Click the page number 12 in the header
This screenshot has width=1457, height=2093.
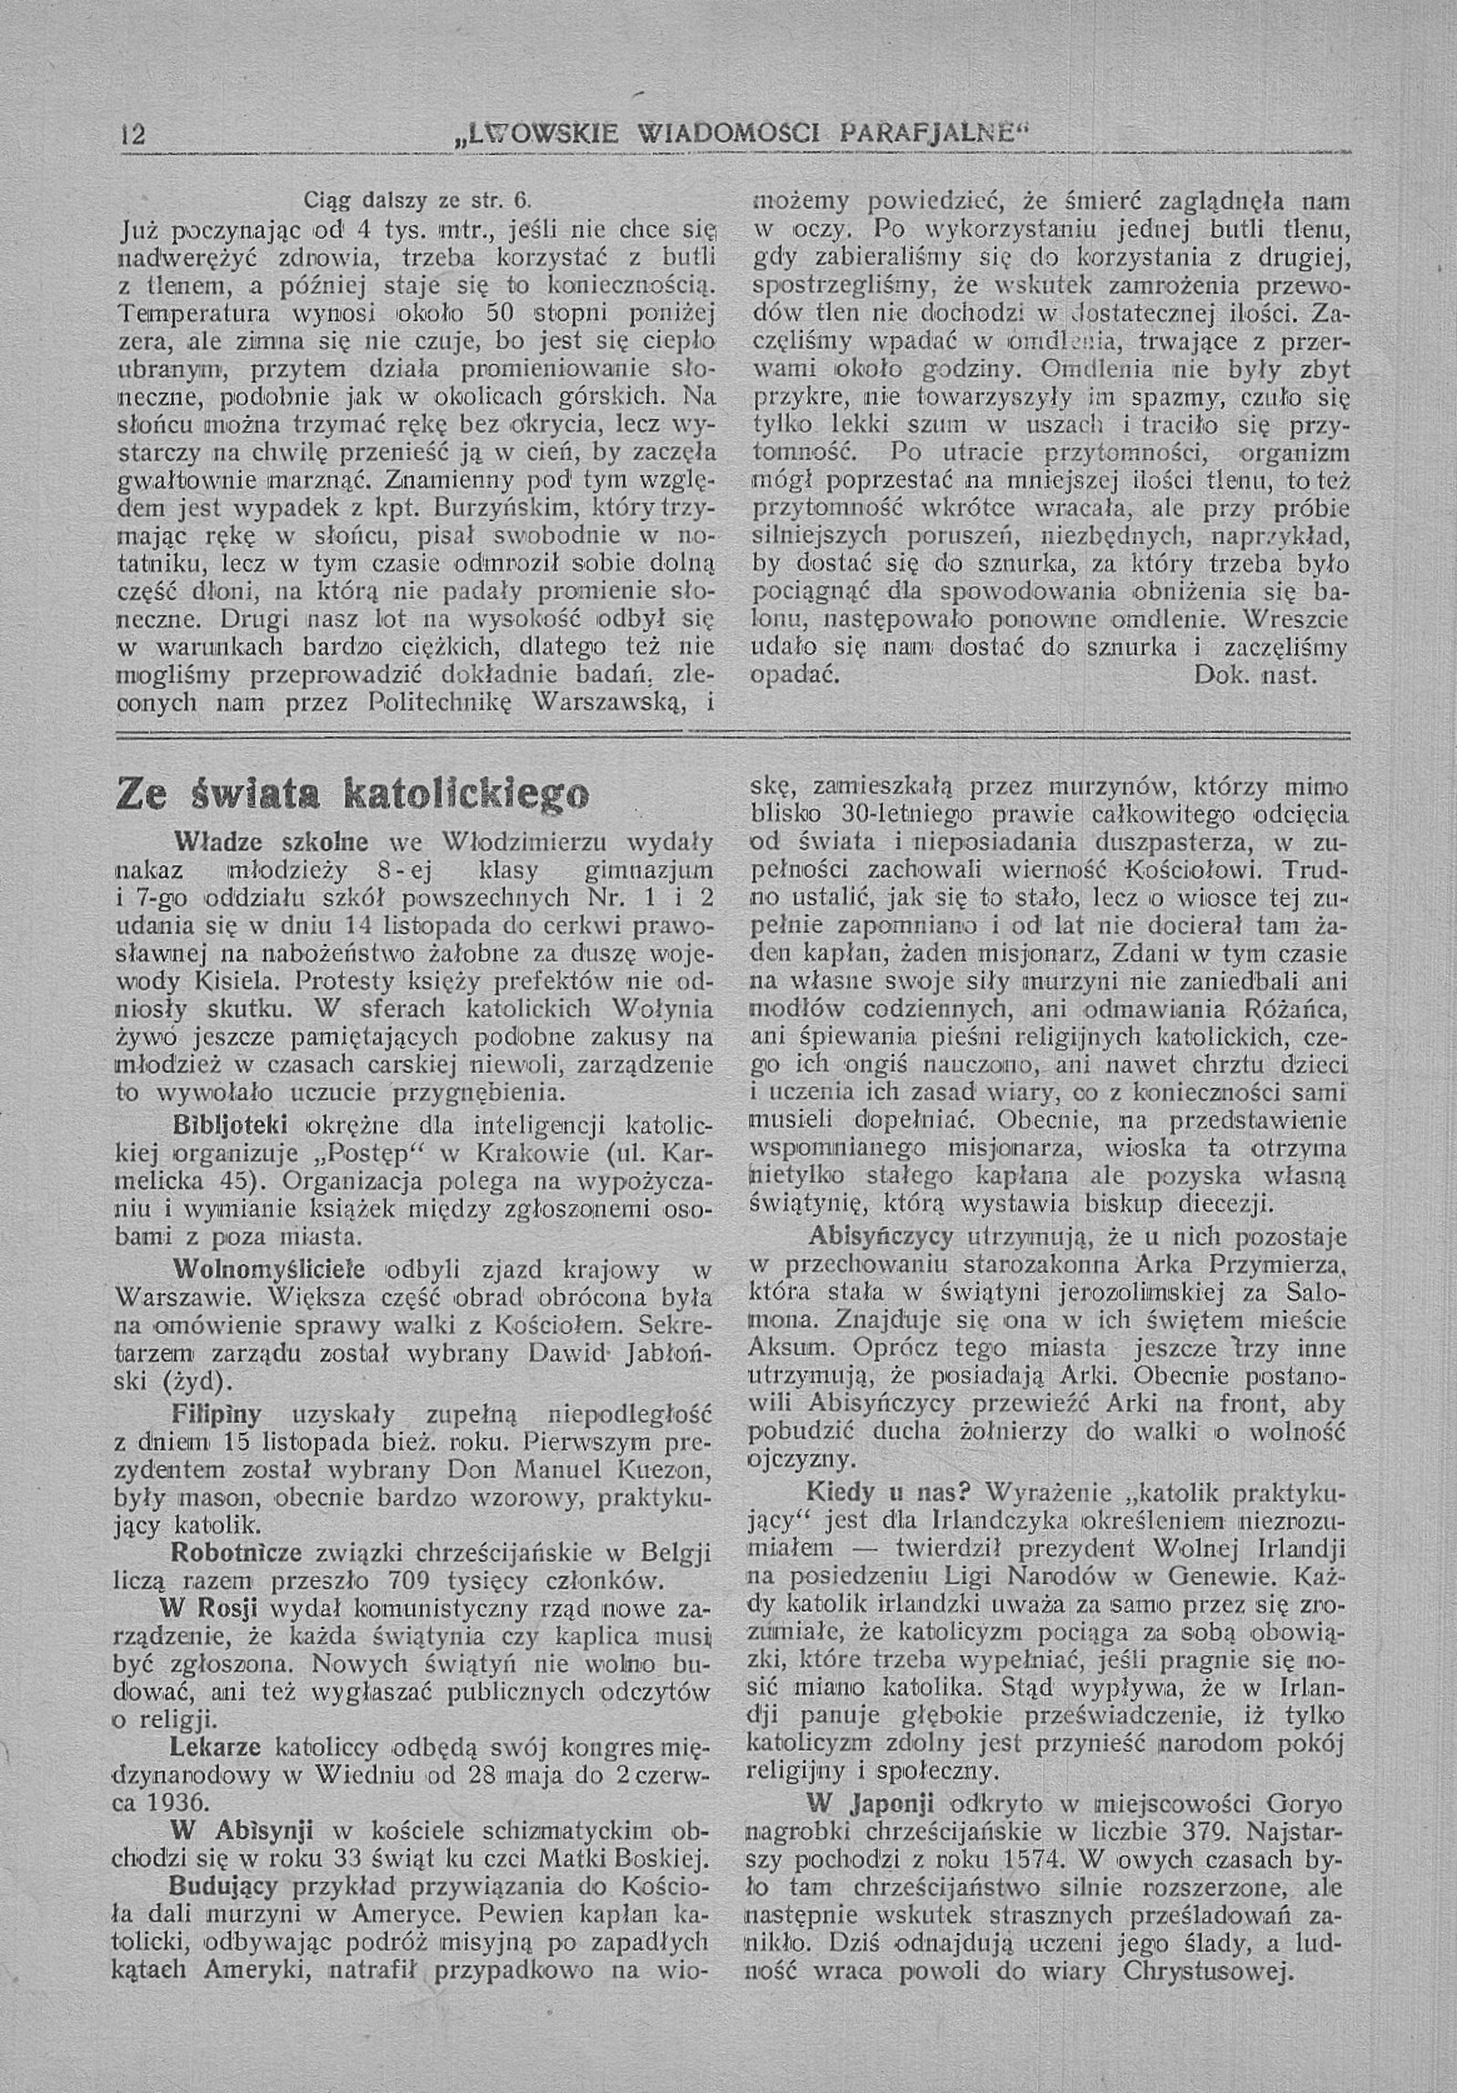[x=133, y=136]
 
